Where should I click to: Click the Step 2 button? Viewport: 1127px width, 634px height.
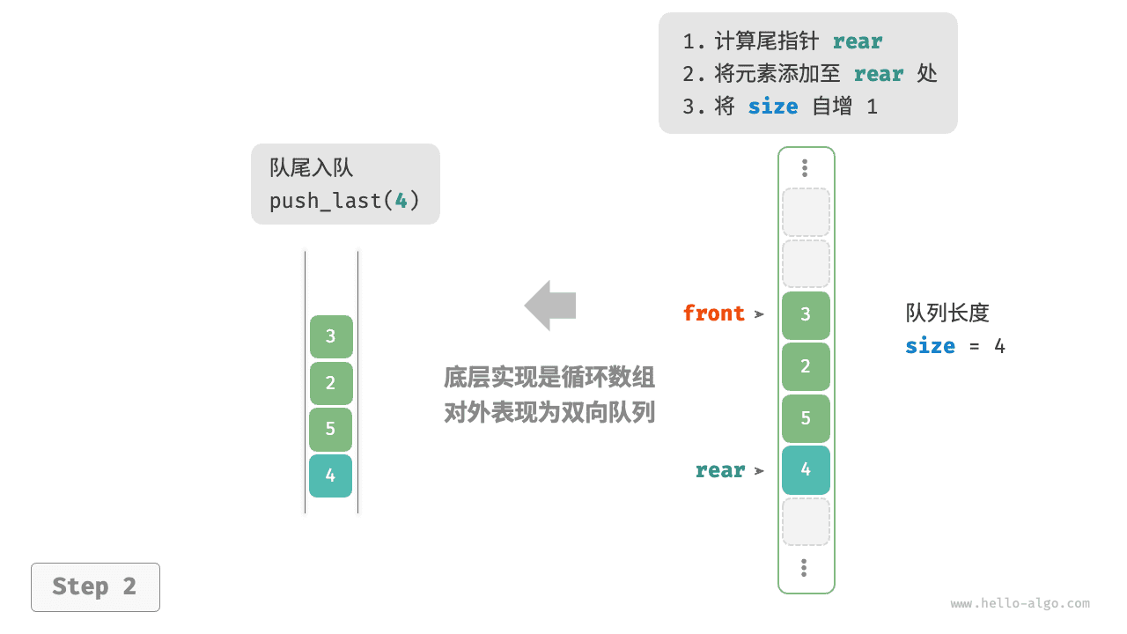[95, 586]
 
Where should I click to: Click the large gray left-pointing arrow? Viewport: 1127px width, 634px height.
[550, 306]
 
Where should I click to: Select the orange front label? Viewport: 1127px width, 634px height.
[713, 313]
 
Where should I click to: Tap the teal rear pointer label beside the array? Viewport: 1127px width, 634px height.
[719, 471]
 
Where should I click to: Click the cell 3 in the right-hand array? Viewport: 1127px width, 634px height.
[806, 315]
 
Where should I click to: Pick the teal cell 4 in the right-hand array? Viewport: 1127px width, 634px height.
[806, 469]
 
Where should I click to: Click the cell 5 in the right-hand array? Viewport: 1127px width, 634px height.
[806, 418]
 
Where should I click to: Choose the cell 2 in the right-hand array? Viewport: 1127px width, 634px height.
[806, 366]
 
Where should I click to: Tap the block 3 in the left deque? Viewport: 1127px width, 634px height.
[331, 336]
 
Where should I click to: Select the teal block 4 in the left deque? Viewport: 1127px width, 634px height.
[331, 475]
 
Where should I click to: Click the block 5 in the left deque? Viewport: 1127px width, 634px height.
[331, 430]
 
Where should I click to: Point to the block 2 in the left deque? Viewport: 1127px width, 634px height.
[331, 383]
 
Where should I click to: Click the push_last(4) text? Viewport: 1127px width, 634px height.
[344, 201]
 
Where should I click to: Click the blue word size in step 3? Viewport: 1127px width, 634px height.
[772, 107]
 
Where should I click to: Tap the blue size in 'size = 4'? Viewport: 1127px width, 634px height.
[930, 346]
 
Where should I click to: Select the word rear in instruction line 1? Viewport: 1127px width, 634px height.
[857, 41]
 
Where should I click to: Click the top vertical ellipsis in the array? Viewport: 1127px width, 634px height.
[805, 167]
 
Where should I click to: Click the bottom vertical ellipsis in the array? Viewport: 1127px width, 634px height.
[805, 568]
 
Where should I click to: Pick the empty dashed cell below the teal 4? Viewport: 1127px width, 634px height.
[806, 521]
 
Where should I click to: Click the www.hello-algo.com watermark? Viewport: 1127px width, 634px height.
[1020, 604]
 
